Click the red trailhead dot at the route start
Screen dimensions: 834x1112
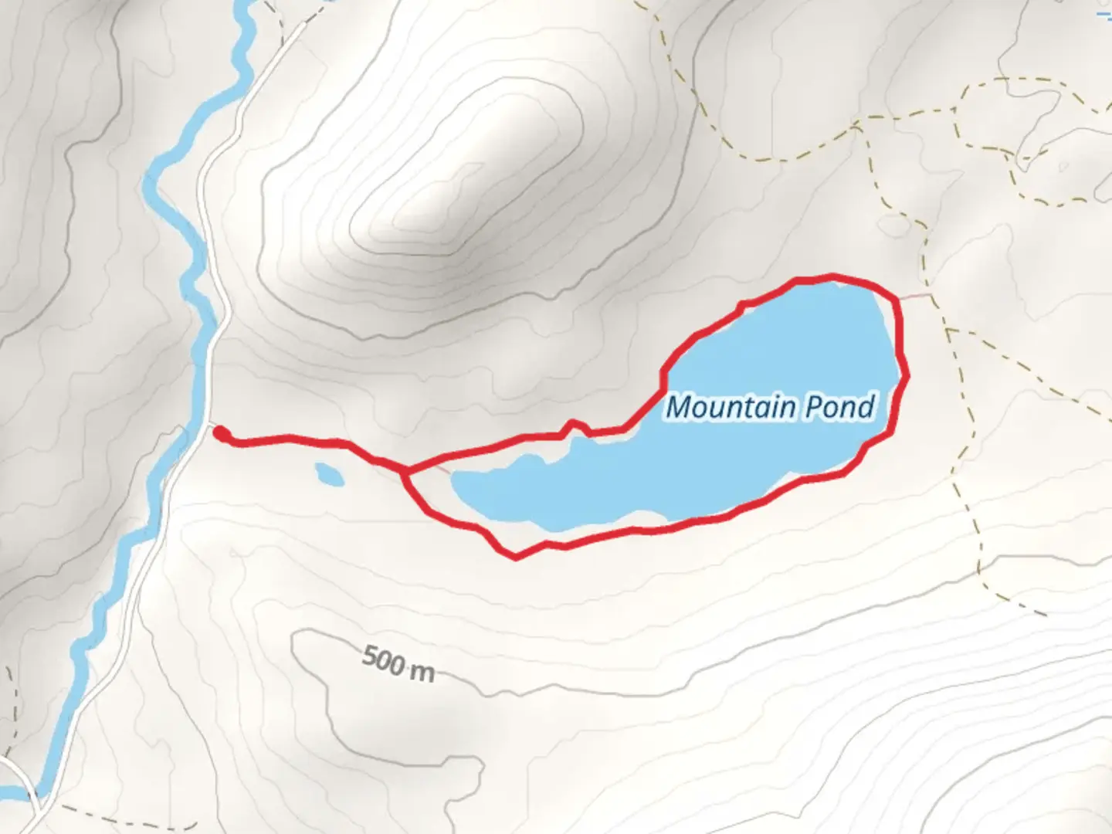(x=220, y=434)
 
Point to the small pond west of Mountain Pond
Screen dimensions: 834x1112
(x=329, y=473)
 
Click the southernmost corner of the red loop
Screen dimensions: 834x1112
(x=515, y=557)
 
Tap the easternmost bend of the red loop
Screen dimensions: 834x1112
(x=906, y=375)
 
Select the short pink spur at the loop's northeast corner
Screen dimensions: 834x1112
(x=916, y=295)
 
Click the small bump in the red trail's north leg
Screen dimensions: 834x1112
(x=572, y=424)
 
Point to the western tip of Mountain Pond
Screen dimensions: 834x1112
(x=456, y=485)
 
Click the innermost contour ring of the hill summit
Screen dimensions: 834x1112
(x=456, y=193)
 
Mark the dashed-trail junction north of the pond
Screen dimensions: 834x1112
(x=857, y=124)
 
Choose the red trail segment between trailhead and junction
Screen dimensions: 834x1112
(x=309, y=441)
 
